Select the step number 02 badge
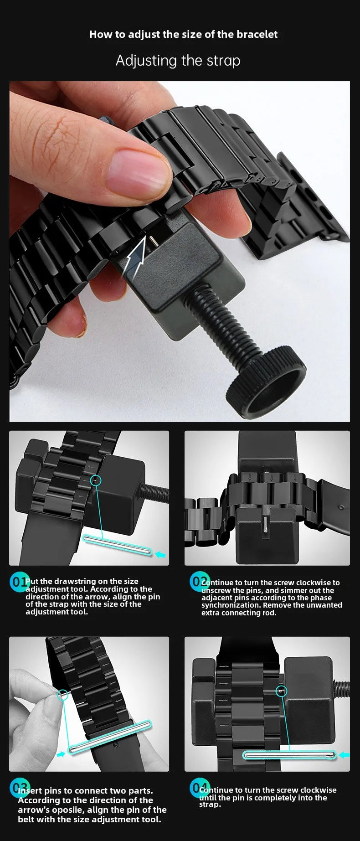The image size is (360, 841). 200,581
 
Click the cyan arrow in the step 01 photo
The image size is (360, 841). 160,555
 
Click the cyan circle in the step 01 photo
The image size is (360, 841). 96,480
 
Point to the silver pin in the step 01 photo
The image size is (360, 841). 117,546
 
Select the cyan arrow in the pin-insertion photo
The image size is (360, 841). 61,754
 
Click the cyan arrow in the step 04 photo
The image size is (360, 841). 345,755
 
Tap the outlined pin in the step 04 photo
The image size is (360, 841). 290,755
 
